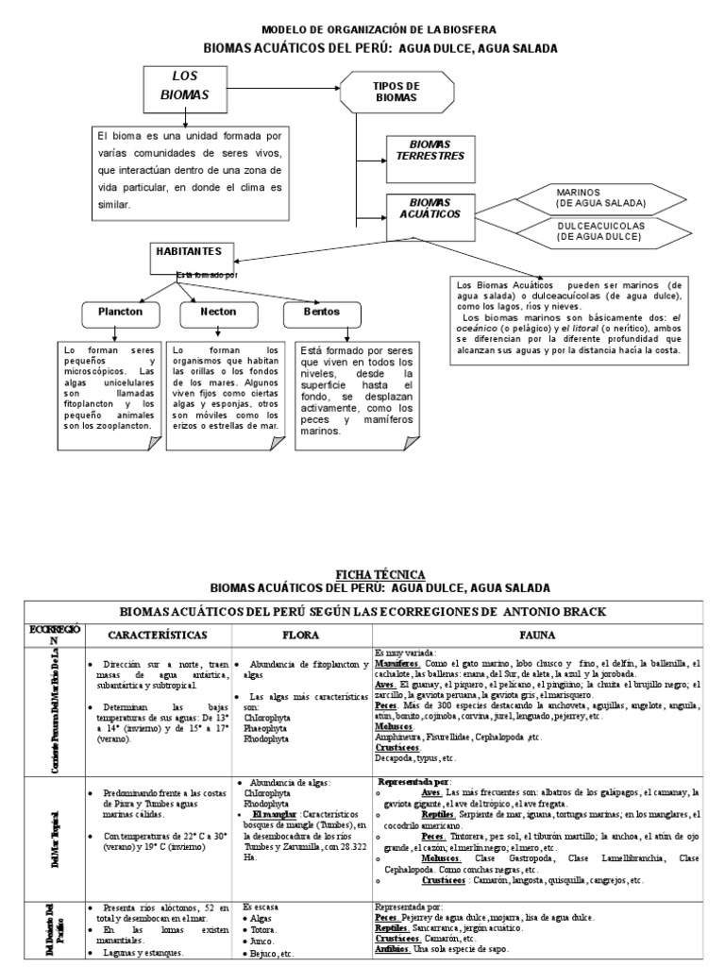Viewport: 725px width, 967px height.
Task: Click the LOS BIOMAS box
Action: coord(190,86)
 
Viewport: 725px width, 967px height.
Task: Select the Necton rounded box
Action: coord(218,311)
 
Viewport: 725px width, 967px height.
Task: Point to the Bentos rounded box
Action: coord(322,311)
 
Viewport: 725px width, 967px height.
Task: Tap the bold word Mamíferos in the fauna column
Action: coord(393,664)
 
